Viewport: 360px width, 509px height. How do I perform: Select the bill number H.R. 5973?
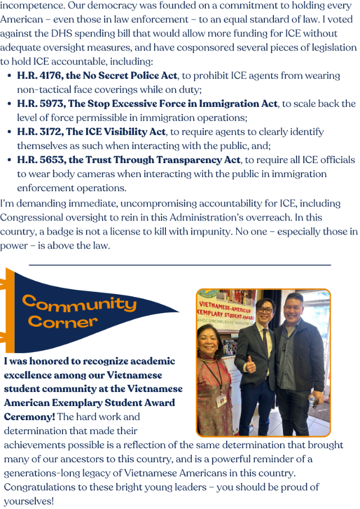39,103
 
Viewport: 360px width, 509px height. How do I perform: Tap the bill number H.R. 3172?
39,132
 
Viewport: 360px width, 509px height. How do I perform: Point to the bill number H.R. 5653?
39,160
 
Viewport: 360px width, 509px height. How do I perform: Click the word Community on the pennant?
79,304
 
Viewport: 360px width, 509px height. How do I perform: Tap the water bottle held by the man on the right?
312,400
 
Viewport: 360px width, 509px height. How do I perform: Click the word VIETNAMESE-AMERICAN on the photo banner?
225,306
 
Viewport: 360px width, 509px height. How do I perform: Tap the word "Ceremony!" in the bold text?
28,416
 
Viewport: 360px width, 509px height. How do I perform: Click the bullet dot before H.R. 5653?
10,160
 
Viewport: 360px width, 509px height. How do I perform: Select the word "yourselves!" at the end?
29,500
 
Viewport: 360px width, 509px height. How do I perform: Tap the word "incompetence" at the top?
31,6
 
